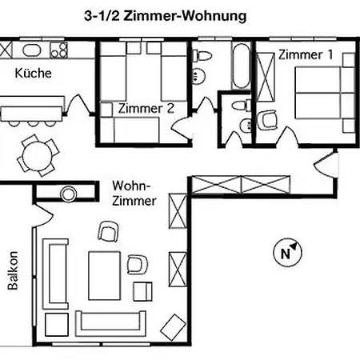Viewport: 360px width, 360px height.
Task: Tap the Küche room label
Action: (x=33, y=73)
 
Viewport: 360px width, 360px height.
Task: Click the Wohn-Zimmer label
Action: (x=134, y=192)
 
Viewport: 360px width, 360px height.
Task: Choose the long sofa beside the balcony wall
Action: (x=58, y=272)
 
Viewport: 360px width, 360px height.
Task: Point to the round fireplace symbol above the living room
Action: (x=67, y=193)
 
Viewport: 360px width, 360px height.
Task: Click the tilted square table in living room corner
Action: (x=171, y=325)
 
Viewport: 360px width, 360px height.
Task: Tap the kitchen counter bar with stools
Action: (x=31, y=109)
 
